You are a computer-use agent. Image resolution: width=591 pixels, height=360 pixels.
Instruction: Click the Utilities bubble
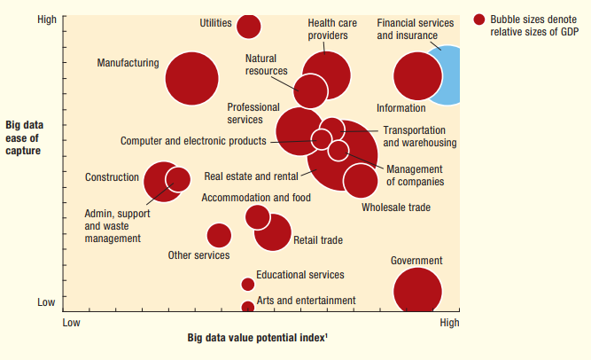pyautogui.click(x=249, y=27)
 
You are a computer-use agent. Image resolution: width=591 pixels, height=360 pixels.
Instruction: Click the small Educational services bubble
pyautogui.click(x=248, y=285)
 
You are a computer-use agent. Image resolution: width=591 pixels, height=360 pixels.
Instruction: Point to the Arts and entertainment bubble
pyautogui.click(x=248, y=308)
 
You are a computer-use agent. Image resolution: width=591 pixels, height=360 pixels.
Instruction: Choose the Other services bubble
pyautogui.click(x=219, y=235)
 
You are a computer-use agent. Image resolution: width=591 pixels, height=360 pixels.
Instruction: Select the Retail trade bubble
pyautogui.click(x=273, y=232)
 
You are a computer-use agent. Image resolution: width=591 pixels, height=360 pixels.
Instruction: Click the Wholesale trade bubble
pyautogui.click(x=361, y=180)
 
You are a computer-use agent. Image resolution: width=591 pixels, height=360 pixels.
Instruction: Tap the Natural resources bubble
pyautogui.click(x=310, y=90)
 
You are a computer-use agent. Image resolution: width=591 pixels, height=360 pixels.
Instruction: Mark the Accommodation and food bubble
pyautogui.click(x=257, y=216)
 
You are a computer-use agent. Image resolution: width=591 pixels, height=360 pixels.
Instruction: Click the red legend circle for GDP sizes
pyautogui.click(x=479, y=20)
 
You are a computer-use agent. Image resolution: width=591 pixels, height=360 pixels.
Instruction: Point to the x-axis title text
pyautogui.click(x=260, y=338)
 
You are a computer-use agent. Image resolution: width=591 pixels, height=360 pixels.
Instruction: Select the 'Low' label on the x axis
pyautogui.click(x=72, y=323)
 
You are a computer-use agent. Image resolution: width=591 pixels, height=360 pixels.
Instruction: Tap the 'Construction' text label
pyautogui.click(x=112, y=177)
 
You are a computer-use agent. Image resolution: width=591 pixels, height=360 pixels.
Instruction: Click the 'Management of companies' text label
pyautogui.click(x=415, y=176)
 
